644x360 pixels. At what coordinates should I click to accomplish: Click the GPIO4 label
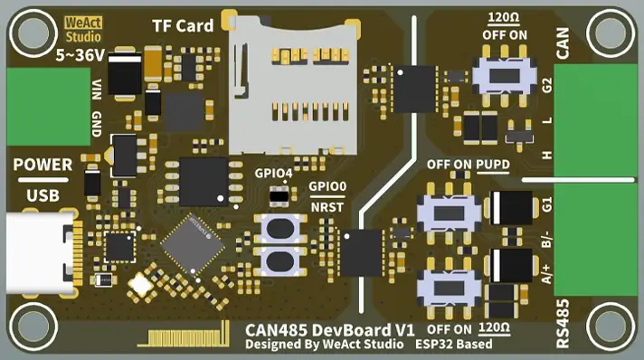tap(272, 173)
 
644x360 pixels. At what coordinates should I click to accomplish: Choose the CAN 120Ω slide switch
tap(508, 76)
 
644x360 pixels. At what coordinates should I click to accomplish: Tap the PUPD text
tap(494, 165)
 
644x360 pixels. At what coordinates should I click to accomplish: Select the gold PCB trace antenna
tap(182, 339)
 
